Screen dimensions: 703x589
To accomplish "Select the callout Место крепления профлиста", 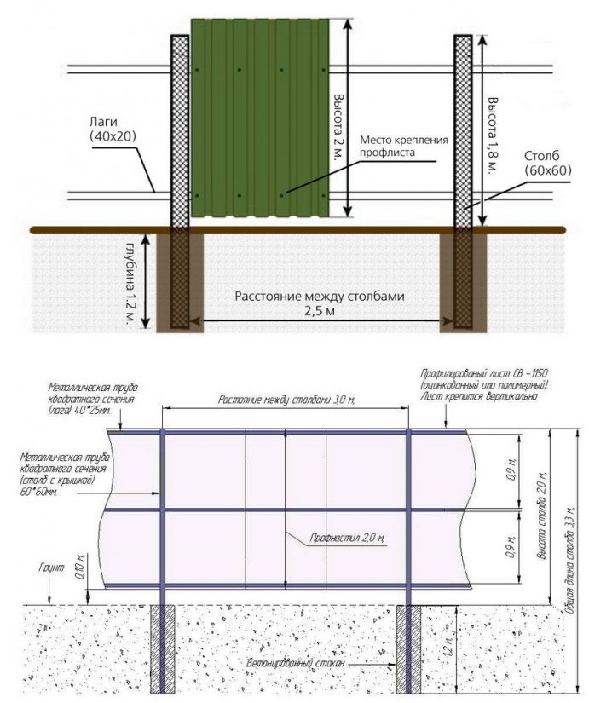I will pyautogui.click(x=403, y=146).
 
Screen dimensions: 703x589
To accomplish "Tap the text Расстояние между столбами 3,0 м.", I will pyautogui.click(x=286, y=400).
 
